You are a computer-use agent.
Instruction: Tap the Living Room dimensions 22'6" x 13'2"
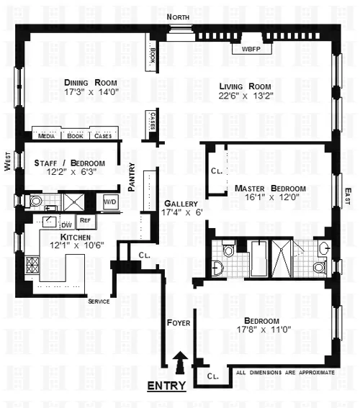pos(246,94)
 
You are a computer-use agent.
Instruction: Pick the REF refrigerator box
pos(84,222)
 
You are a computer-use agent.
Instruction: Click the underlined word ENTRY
pos(166,386)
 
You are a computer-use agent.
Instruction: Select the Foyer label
pos(178,323)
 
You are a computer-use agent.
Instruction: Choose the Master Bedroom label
pos(270,189)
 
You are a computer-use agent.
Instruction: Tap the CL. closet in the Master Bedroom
pos(217,172)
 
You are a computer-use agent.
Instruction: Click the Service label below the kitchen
pos(99,302)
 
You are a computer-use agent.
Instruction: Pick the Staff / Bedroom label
pos(69,163)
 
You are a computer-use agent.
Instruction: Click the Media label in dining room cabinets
pos(47,135)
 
